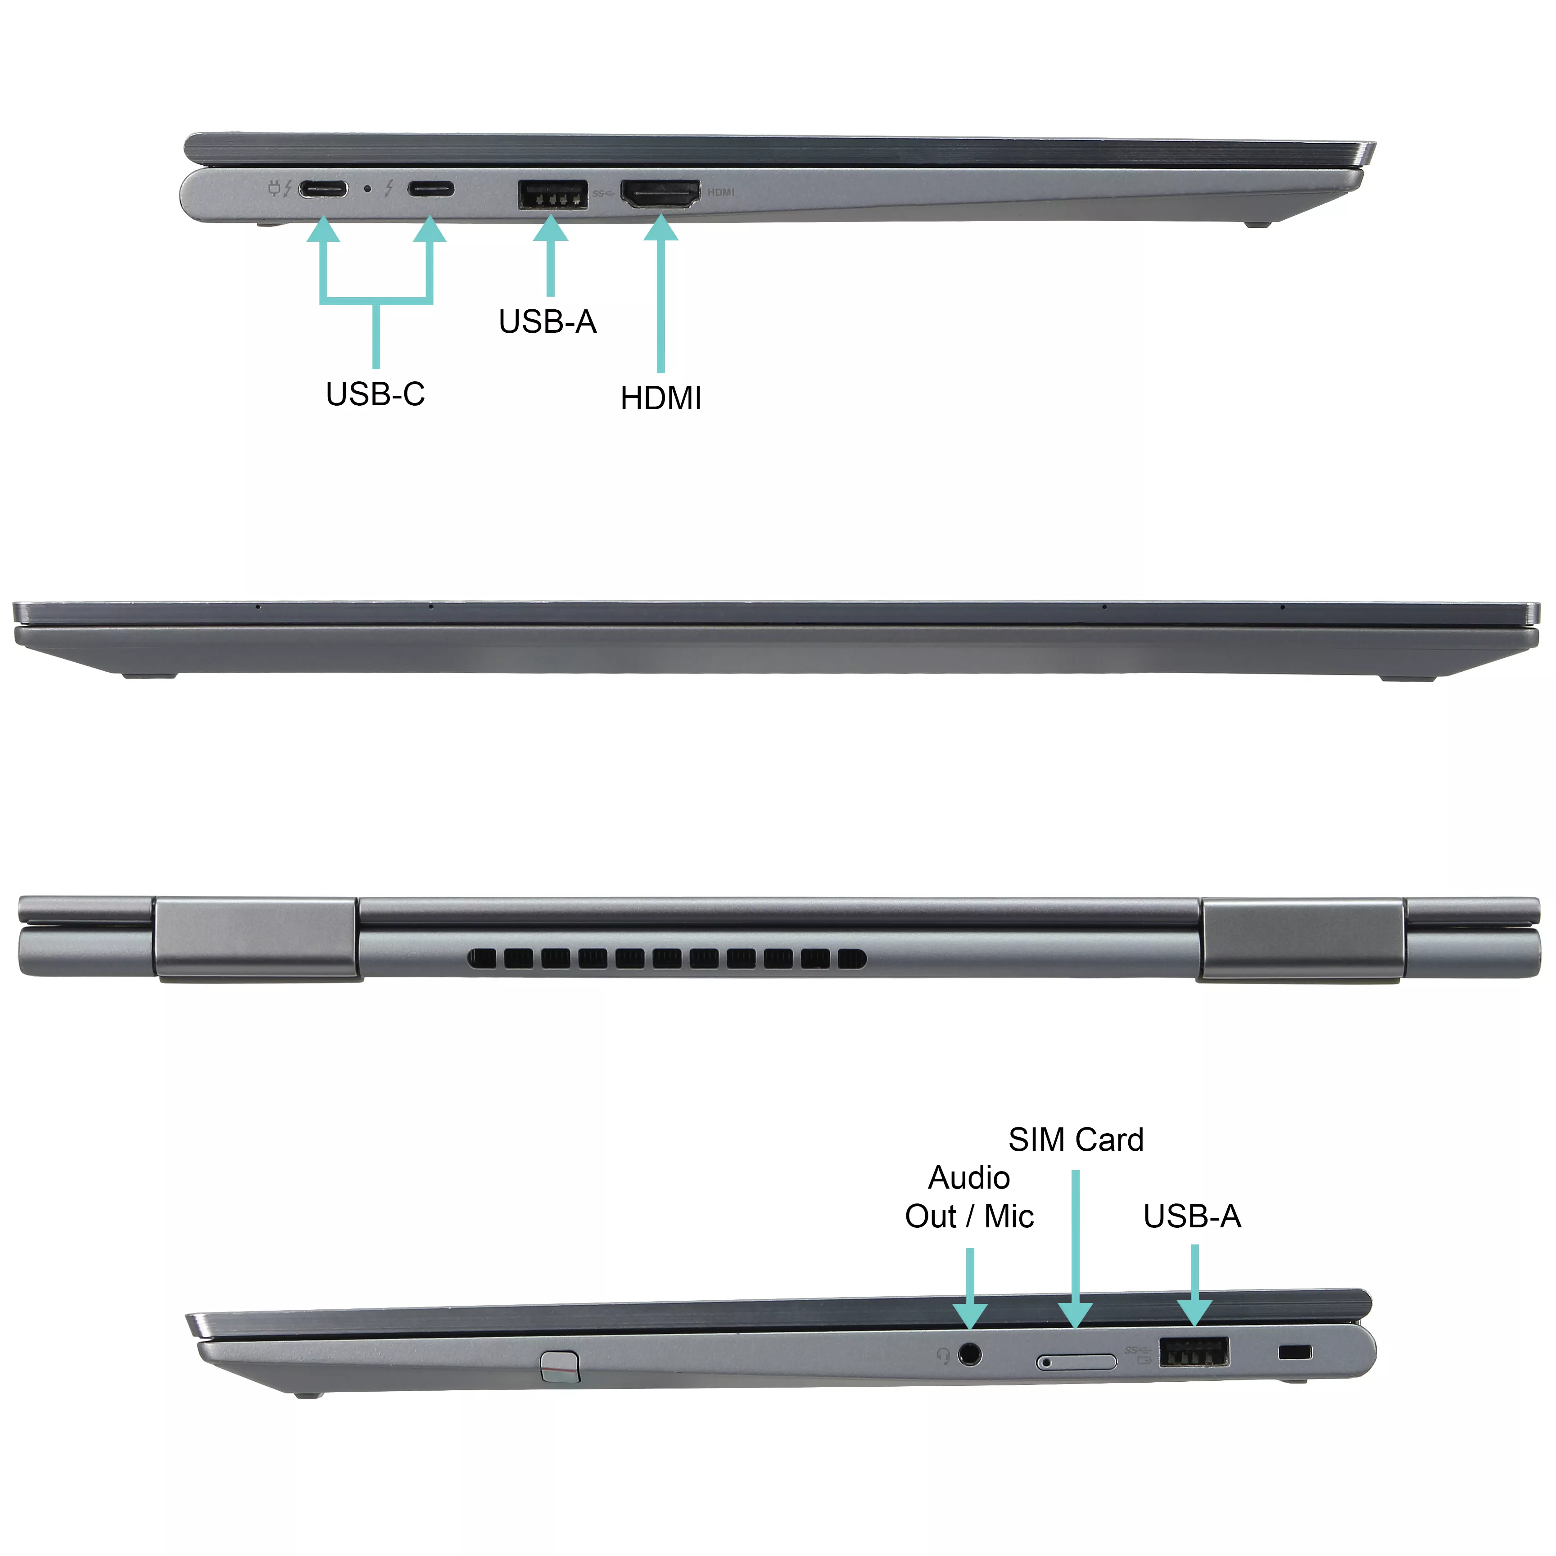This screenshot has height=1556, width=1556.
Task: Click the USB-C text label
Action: coord(375,394)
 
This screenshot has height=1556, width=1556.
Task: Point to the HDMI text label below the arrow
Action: coord(660,398)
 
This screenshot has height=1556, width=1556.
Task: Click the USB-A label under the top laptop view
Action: coord(547,321)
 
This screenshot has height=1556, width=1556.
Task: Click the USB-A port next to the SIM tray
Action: coord(1194,1352)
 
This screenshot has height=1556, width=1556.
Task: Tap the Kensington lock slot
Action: coord(1294,1352)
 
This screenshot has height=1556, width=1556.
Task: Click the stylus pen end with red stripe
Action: coord(560,1366)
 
